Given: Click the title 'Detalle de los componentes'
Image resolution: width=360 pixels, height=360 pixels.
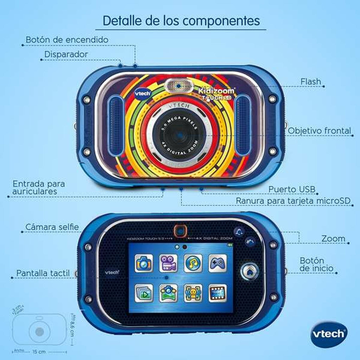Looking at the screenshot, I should [x=181, y=20].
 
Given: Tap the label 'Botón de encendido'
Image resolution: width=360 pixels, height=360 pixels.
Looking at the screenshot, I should [x=67, y=40].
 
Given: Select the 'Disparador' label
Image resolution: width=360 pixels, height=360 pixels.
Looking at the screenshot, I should [x=66, y=54].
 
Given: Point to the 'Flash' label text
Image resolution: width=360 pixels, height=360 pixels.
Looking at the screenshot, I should [x=311, y=82].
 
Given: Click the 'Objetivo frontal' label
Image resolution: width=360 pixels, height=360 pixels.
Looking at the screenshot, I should [x=319, y=131].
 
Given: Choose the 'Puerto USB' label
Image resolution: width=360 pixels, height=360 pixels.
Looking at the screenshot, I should [x=292, y=189].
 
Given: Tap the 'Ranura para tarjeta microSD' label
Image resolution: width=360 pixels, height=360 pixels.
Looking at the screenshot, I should [x=293, y=201].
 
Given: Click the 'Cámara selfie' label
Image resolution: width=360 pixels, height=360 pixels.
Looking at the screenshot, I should [x=52, y=227].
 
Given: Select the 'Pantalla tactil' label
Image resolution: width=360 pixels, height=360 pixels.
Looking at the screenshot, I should [x=42, y=273].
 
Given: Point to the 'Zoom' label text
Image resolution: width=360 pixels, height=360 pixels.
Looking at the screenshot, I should [x=333, y=239].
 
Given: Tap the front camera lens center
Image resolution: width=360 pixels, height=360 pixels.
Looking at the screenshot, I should [x=179, y=135].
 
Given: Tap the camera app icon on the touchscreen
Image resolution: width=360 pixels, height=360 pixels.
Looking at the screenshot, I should [x=144, y=263].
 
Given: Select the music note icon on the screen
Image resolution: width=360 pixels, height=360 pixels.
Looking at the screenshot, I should [x=193, y=263].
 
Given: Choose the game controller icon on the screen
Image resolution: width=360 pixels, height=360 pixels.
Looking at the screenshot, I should [x=218, y=263].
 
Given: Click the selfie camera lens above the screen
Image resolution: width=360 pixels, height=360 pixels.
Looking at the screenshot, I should [x=180, y=231].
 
